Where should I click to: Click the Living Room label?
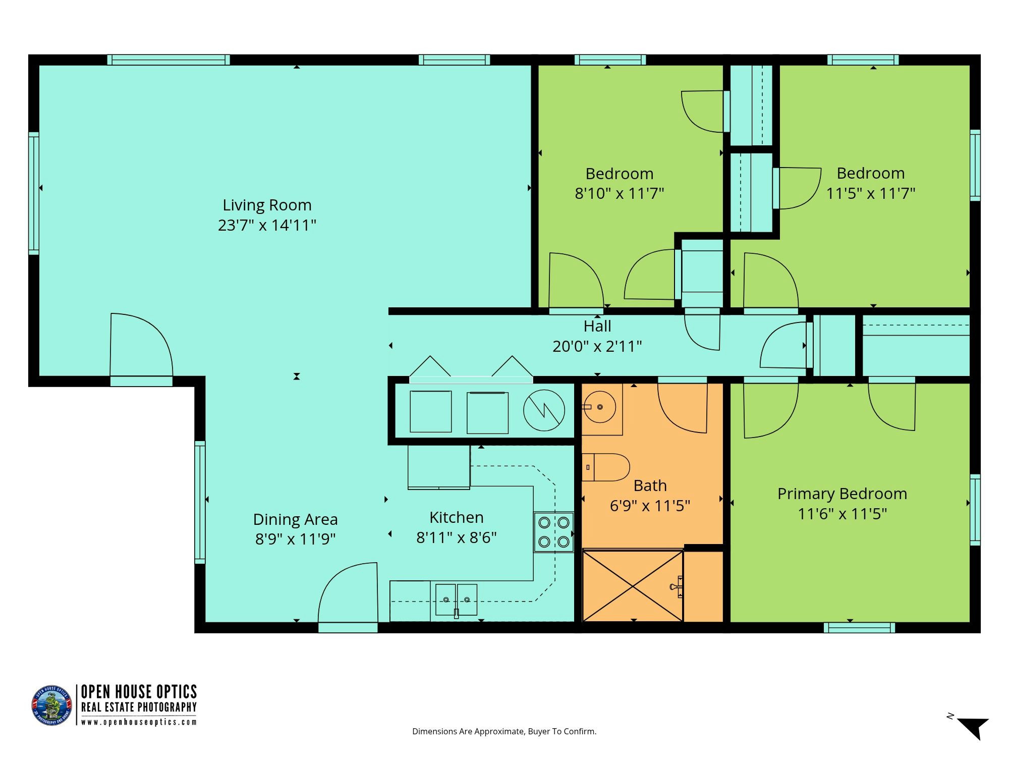[x=267, y=205]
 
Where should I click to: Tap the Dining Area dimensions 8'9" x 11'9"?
[x=295, y=539]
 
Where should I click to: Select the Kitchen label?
[x=457, y=517]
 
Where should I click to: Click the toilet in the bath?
[x=605, y=467]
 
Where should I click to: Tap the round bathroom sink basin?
[x=599, y=407]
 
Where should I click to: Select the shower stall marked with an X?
[x=633, y=585]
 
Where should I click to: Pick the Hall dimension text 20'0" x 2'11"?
[x=597, y=347]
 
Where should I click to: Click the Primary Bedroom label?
[x=842, y=494]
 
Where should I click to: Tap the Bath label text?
[x=650, y=485]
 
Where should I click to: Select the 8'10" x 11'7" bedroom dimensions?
[x=620, y=193]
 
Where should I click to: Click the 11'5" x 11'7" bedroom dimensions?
[x=871, y=193]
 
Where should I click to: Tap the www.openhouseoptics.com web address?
[x=139, y=722]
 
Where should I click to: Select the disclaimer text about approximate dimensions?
[x=504, y=731]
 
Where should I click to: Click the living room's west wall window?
[x=33, y=193]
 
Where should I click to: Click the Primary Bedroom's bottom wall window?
[x=860, y=627]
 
